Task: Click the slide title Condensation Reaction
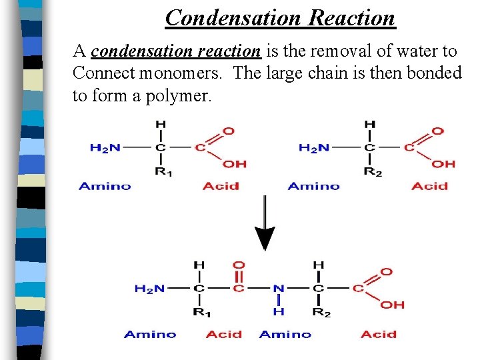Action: pyautogui.click(x=281, y=17)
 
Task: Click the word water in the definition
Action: pyautogui.click(x=416, y=51)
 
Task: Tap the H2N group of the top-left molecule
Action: pyautogui.click(x=105, y=147)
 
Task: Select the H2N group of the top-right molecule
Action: pyautogui.click(x=313, y=147)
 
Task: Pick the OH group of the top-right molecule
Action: pyautogui.click(x=445, y=163)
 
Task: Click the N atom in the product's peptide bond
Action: pyautogui.click(x=279, y=289)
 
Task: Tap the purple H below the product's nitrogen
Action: pyautogui.click(x=279, y=311)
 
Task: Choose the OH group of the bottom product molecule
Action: pyautogui.click(x=393, y=305)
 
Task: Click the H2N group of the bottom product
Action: pyautogui.click(x=149, y=289)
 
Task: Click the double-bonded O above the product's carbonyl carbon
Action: pyautogui.click(x=239, y=265)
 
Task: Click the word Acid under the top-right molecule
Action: pyautogui.click(x=429, y=186)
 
